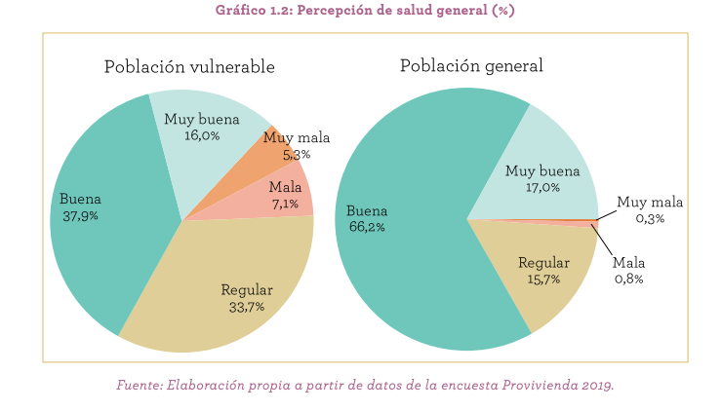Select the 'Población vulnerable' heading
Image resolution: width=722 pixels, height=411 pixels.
(189, 67)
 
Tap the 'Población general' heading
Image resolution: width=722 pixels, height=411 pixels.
(471, 65)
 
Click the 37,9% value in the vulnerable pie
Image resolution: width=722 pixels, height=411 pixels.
(79, 215)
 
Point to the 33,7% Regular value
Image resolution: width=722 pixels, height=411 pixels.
(246, 307)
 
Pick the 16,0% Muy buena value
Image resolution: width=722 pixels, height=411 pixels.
(202, 135)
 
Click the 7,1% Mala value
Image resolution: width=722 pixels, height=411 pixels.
(285, 204)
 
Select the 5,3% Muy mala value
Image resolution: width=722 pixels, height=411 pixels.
(296, 154)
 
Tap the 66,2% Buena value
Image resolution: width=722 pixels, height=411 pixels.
(366, 227)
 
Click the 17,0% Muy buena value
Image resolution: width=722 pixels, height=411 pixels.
(542, 187)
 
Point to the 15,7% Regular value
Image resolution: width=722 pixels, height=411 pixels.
(542, 280)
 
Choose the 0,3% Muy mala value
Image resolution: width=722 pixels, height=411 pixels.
(650, 219)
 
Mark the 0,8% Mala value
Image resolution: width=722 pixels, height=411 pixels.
(628, 279)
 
